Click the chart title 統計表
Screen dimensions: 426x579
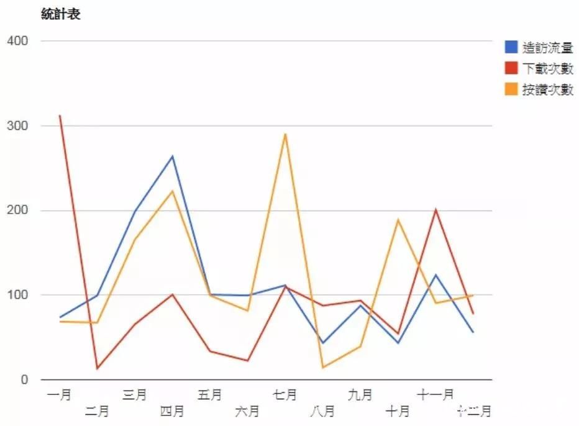pos(60,14)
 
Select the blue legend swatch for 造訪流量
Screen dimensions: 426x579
pos(511,47)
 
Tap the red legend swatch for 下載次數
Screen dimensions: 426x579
pos(511,68)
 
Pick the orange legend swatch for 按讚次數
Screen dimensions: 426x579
pos(511,89)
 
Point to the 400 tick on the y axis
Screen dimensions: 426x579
pos(17,41)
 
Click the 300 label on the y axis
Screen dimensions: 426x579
pos(17,126)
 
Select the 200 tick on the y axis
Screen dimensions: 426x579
pos(17,211)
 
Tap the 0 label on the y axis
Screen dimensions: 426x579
pos(25,379)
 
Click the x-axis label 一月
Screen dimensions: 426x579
pos(59,394)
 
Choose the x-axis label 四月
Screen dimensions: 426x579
pos(172,410)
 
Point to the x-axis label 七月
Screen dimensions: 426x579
pos(285,394)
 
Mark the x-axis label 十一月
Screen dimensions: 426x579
pos(435,394)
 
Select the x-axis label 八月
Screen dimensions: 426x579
pos(322,410)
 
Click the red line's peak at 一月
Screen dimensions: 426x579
pos(60,116)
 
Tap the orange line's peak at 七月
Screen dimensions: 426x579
pos(285,134)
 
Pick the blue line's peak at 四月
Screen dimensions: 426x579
pos(173,156)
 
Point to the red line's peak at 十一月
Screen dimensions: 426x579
pos(435,209)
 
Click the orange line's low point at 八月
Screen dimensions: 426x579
pos(322,368)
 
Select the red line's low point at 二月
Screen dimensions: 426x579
pos(97,369)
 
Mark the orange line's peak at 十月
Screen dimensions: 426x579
pos(398,219)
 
